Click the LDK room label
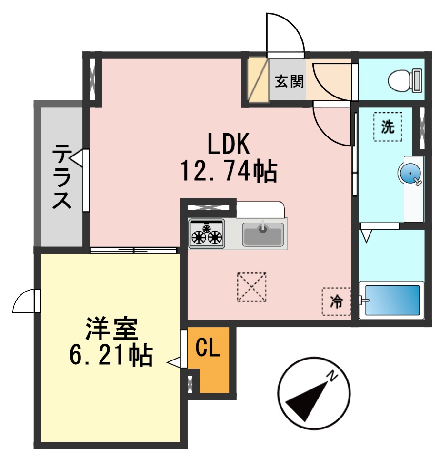(228, 144)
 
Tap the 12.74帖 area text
(228, 171)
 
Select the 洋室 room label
(111, 328)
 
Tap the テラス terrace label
(62, 176)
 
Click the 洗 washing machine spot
(388, 126)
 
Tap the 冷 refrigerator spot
(336, 301)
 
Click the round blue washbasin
(409, 174)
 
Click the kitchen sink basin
(262, 234)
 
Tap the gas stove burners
(207, 233)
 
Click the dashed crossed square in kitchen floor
(251, 287)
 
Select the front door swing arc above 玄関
(285, 33)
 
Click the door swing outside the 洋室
(25, 301)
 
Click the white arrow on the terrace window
(80, 159)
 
